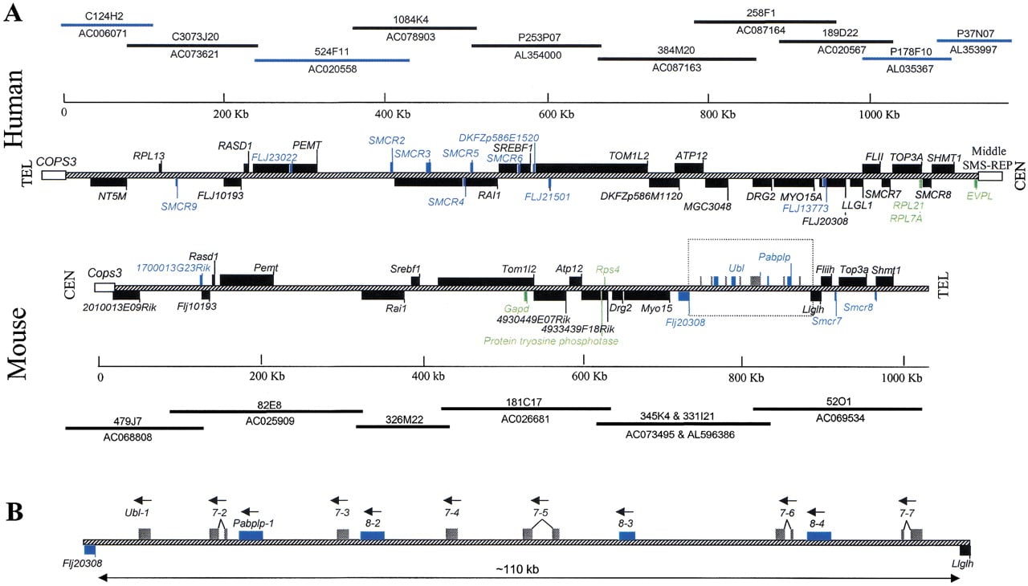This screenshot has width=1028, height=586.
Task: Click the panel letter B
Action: (x=14, y=511)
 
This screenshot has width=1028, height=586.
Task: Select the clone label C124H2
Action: (x=104, y=16)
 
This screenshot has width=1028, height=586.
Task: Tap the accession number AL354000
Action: (x=537, y=55)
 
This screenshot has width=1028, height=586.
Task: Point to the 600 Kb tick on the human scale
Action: (x=548, y=98)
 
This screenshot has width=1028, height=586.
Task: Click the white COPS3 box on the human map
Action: (x=54, y=175)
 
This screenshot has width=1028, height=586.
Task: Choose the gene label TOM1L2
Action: (x=629, y=156)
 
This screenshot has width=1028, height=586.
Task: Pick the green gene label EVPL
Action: (x=979, y=196)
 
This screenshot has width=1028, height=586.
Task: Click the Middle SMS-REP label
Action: (x=988, y=157)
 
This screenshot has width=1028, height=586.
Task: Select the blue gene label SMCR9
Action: (x=179, y=206)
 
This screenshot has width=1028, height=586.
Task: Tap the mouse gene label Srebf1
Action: (x=406, y=269)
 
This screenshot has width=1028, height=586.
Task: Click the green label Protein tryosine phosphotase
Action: (x=551, y=340)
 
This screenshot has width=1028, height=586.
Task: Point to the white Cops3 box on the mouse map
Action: (x=104, y=287)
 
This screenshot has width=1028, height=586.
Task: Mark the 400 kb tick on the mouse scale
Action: (x=423, y=360)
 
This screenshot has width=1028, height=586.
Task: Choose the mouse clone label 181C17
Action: (x=524, y=402)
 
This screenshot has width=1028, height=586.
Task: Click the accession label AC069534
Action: (x=840, y=418)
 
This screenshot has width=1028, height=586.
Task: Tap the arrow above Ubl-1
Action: (x=143, y=500)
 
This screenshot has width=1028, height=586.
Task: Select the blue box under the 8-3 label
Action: (x=627, y=536)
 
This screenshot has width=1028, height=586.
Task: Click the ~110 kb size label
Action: (x=517, y=569)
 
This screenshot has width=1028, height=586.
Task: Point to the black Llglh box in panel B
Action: (x=965, y=550)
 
